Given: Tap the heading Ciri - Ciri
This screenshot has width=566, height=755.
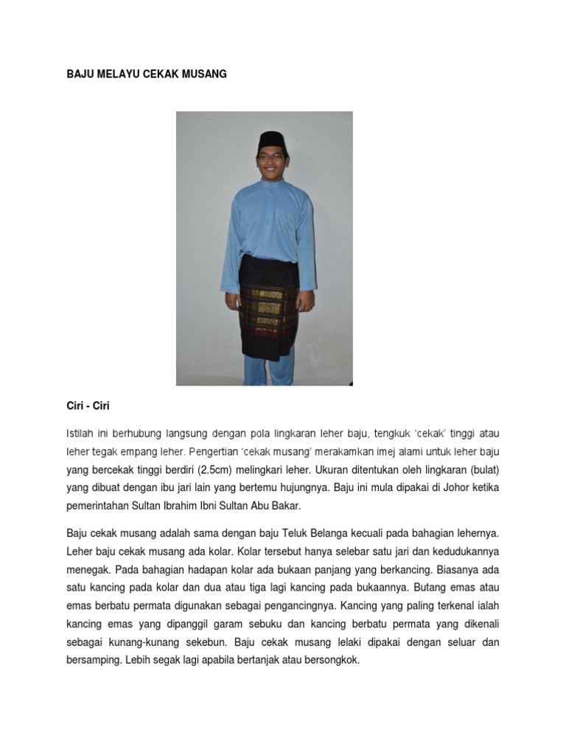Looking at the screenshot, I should [x=88, y=406].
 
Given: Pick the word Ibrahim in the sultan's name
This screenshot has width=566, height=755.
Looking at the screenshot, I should [x=180, y=507].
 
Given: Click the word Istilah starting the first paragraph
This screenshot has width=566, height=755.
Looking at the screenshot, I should [x=82, y=433].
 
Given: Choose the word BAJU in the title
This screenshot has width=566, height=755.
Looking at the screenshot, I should [x=80, y=74].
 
